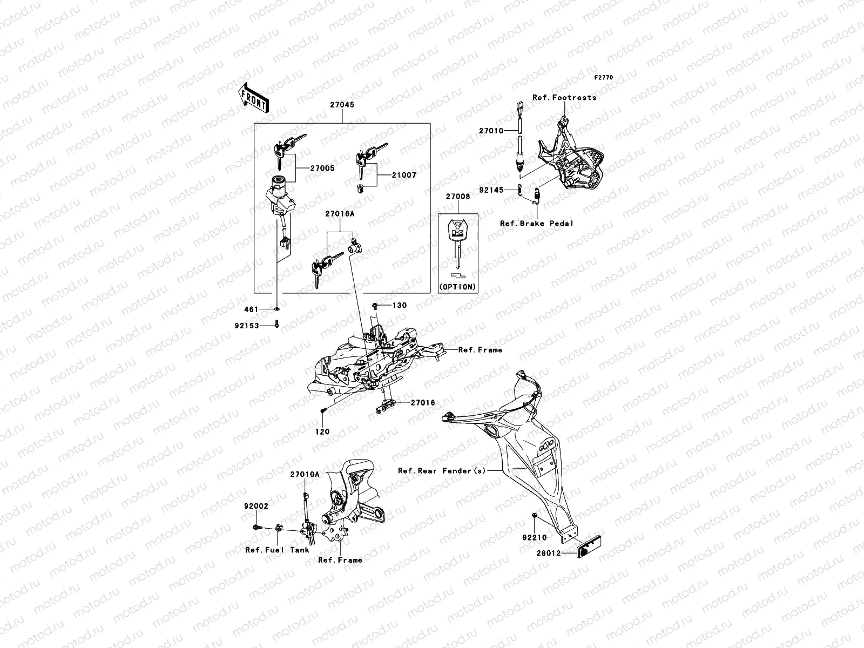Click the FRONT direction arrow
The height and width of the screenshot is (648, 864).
coord(254,98)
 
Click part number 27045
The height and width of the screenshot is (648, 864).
coord(342,105)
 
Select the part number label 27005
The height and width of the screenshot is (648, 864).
coord(322,168)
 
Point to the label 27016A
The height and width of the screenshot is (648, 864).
coord(340,214)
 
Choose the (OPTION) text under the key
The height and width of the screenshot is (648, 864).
coord(457,287)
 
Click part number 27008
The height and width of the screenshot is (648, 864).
coord(457,197)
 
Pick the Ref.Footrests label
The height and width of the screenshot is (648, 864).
coord(564,98)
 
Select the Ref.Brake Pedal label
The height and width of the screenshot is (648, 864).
coord(536,223)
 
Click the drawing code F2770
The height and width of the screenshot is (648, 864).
coord(604,78)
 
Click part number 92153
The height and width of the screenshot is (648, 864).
coord(247,326)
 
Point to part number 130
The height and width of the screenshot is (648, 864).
coord(400,306)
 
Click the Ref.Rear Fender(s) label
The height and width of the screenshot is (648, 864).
coord(442,471)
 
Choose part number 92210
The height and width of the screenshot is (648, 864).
coord(534,538)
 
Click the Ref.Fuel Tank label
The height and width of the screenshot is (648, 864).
coord(277,550)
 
